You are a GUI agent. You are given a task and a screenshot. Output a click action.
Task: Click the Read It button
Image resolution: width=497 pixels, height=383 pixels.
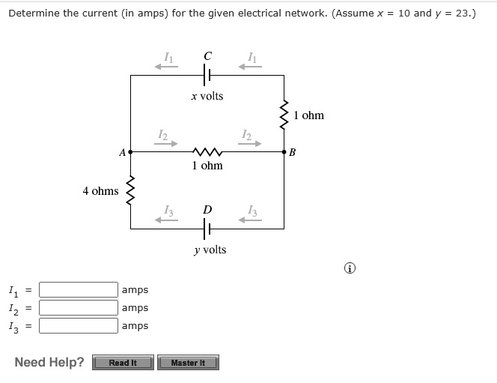pyautogui.click(x=123, y=363)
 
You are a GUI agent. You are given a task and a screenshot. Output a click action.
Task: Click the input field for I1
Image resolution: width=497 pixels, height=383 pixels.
pyautogui.click(x=79, y=289)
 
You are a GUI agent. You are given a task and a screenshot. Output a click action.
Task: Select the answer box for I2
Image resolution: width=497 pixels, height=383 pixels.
pyautogui.click(x=79, y=307)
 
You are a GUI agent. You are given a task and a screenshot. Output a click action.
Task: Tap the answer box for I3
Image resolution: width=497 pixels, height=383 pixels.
pyautogui.click(x=79, y=325)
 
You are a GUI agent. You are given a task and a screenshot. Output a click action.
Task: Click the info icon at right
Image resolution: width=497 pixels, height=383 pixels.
pyautogui.click(x=350, y=268)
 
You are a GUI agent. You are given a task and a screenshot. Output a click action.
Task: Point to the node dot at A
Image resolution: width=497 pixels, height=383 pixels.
pyautogui.click(x=131, y=151)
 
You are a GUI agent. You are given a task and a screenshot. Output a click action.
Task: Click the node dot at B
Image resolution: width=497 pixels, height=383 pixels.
pyautogui.click(x=284, y=151)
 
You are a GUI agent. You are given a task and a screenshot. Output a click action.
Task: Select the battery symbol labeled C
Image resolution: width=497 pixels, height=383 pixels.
pyautogui.click(x=207, y=75)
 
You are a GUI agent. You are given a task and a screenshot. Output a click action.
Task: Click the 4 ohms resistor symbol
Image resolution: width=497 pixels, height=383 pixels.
pyautogui.click(x=131, y=190)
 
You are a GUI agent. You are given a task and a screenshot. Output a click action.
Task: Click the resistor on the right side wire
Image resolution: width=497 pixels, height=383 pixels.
pyautogui.click(x=284, y=115)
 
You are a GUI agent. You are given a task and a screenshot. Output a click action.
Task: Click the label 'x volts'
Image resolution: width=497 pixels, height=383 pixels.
pyautogui.click(x=207, y=96)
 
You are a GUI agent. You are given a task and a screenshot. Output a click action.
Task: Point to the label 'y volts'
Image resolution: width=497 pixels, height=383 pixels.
pyautogui.click(x=209, y=250)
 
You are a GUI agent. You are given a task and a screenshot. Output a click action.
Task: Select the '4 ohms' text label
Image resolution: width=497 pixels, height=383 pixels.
pyautogui.click(x=100, y=191)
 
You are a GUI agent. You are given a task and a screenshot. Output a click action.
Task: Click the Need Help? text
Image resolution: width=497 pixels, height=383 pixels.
pyautogui.click(x=49, y=363)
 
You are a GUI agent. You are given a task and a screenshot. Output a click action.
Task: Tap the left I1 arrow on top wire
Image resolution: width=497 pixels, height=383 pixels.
pyautogui.click(x=166, y=66)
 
